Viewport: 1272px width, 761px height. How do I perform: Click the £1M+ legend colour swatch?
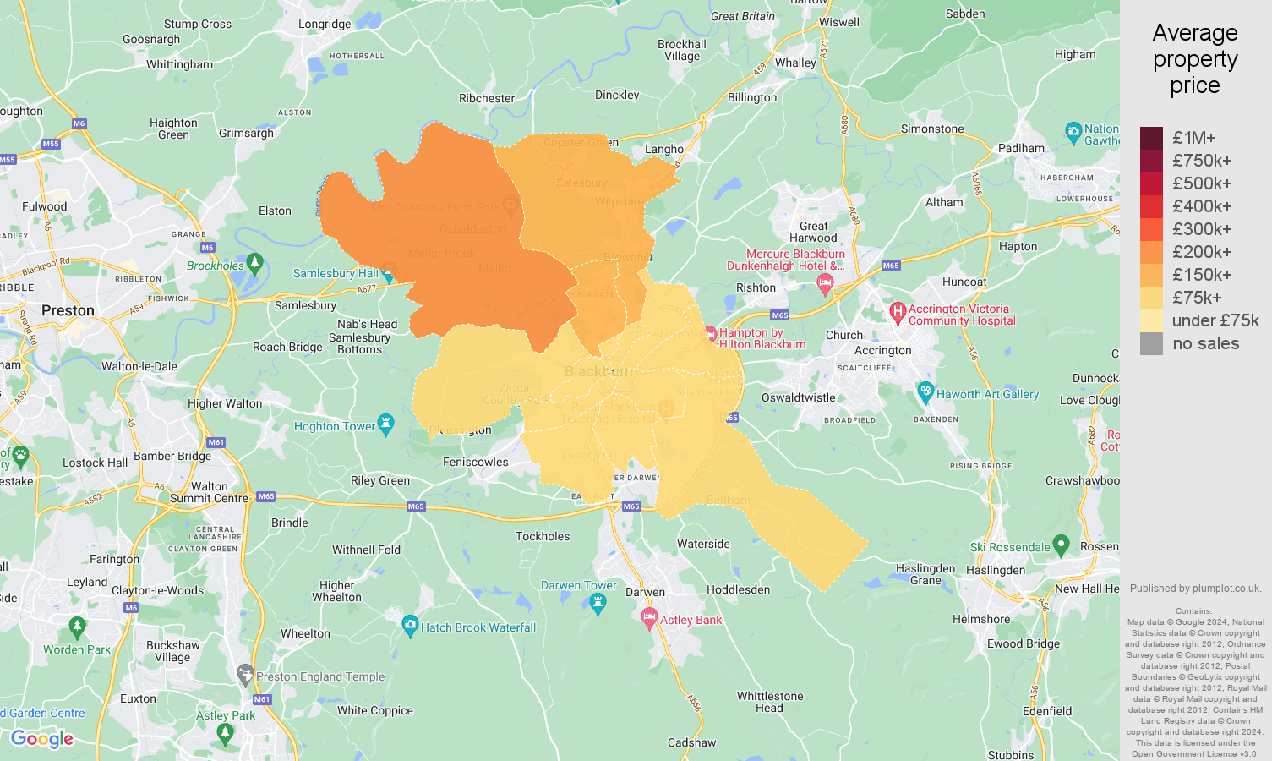[1151, 138]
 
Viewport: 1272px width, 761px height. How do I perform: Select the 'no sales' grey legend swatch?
[1151, 343]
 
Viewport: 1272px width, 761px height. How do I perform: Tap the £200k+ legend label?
[1202, 252]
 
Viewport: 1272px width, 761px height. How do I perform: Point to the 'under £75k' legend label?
[1215, 320]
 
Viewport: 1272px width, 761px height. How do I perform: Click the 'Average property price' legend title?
[1194, 59]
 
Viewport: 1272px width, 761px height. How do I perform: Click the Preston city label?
[68, 310]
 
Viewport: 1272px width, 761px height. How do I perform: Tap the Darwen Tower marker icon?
[598, 602]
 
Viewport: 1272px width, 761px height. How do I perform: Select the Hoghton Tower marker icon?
[386, 423]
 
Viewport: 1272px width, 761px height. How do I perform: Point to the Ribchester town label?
[487, 98]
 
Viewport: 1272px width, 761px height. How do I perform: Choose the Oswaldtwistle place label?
[798, 397]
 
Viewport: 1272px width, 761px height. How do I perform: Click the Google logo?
[42, 739]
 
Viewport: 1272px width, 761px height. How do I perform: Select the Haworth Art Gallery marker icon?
[925, 391]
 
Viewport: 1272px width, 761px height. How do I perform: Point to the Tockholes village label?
[543, 536]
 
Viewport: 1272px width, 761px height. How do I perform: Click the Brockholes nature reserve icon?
[255, 263]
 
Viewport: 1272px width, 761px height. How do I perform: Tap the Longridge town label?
[325, 24]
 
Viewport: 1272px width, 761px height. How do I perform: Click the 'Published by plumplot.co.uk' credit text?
[1195, 589]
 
